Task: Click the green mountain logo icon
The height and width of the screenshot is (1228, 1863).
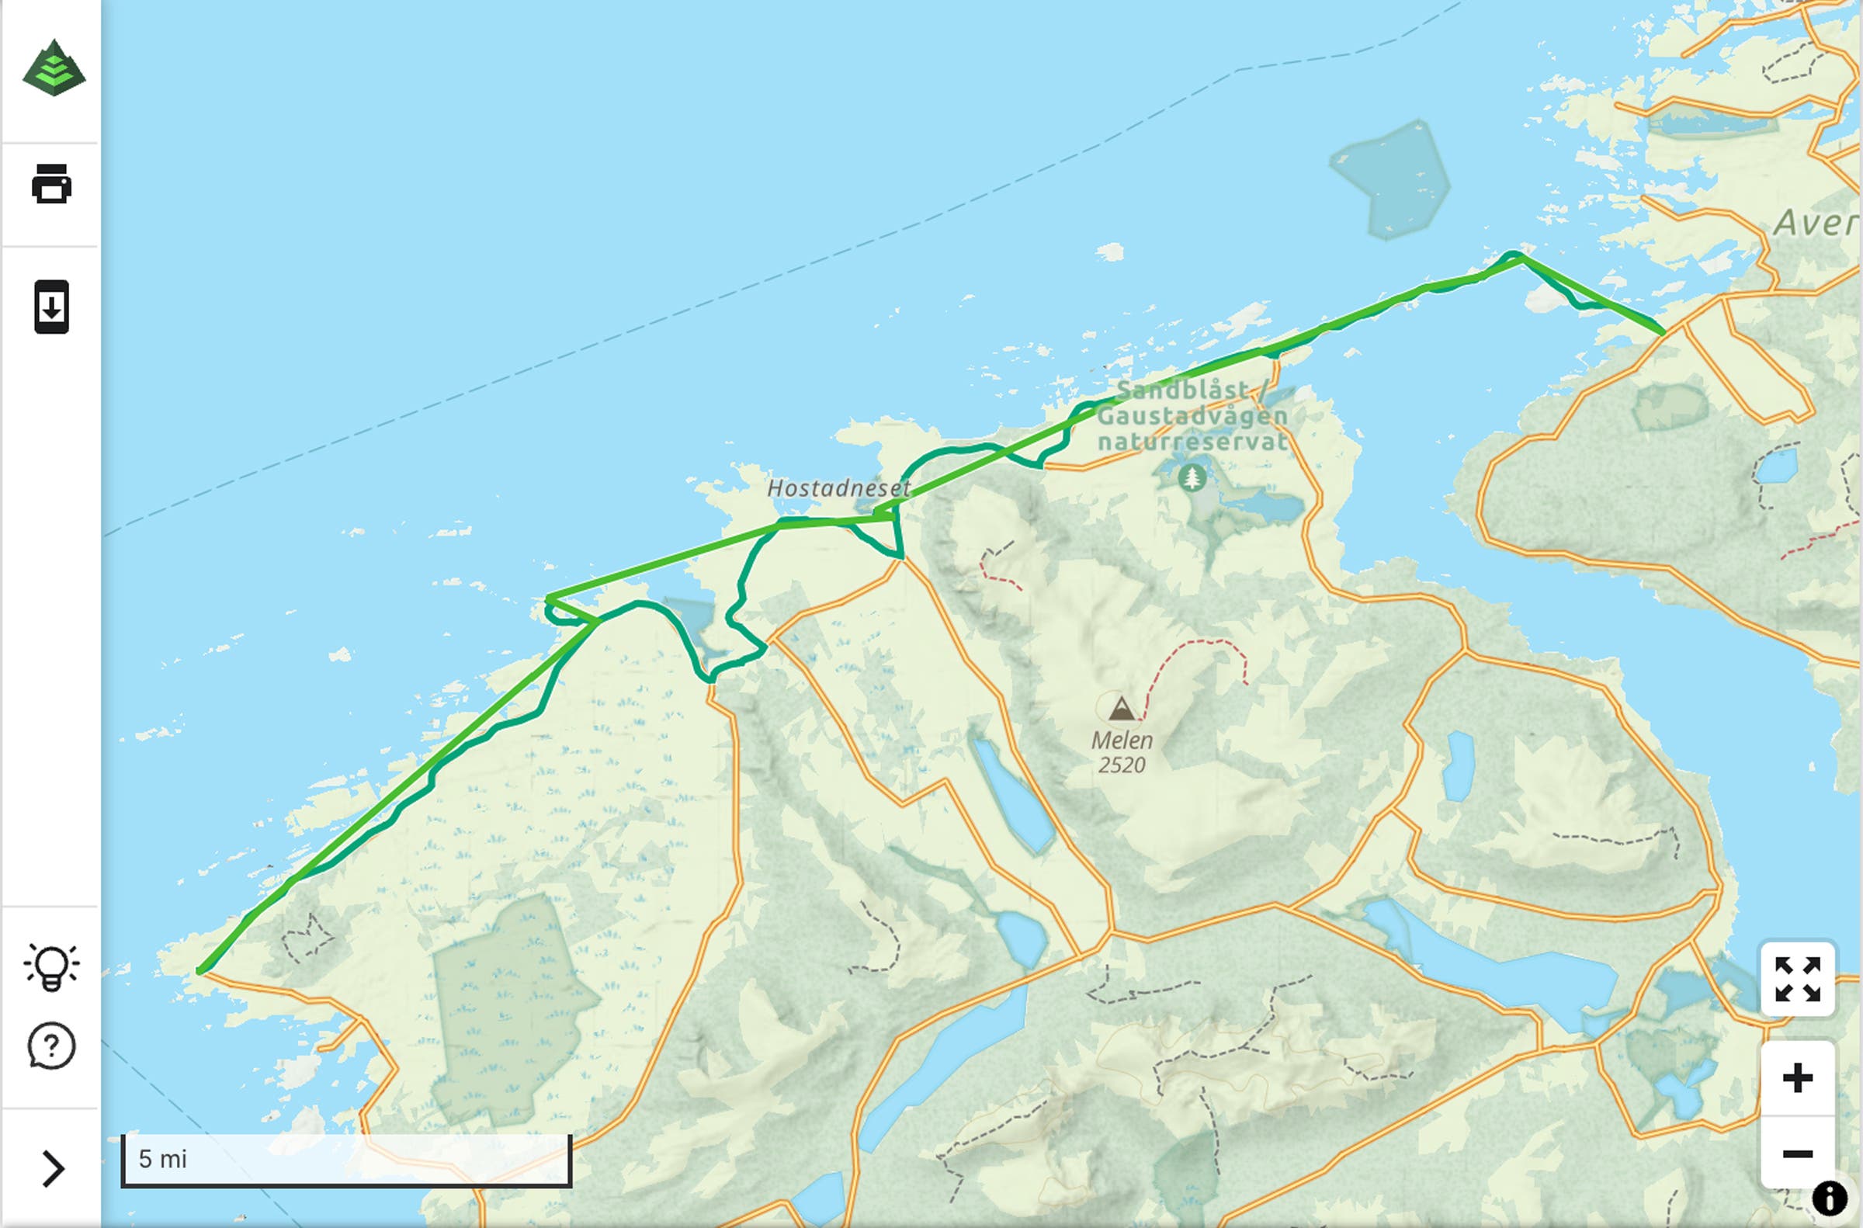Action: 54,68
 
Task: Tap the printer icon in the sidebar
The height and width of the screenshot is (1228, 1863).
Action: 52,183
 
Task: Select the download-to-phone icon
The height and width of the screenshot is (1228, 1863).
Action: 52,306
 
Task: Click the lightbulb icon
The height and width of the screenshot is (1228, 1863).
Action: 52,966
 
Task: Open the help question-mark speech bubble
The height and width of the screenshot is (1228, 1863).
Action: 52,1046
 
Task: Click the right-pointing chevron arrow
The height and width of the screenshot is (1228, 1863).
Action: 53,1168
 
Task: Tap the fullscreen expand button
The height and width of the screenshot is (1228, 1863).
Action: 1797,979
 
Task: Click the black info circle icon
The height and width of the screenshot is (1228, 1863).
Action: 1830,1199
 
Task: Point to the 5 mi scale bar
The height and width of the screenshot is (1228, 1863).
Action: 346,1160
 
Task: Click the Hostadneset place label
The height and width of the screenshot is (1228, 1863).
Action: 838,488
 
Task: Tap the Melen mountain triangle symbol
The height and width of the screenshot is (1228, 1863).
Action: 1122,708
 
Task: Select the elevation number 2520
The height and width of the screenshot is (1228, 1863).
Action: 1122,765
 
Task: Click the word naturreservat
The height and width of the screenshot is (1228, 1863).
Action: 1192,442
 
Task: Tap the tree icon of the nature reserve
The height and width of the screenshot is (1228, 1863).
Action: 1192,476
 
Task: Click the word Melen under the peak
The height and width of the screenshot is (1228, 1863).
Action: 1122,740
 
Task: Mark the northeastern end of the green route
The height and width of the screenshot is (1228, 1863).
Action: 1663,333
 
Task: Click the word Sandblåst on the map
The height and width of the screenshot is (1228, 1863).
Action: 1181,389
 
